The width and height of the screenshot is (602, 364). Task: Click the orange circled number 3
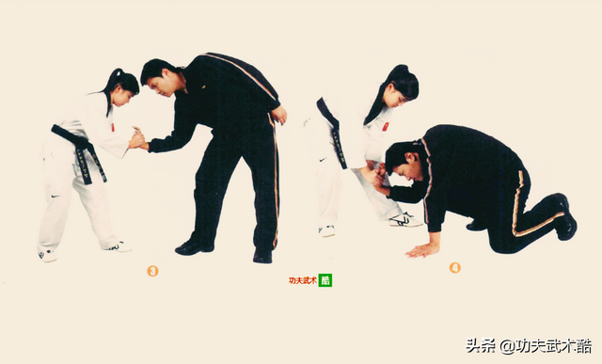click(x=152, y=271)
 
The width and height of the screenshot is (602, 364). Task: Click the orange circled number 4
click(x=455, y=268)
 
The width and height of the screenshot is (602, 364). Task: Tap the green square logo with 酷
click(x=325, y=280)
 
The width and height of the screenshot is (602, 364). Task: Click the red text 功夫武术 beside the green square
click(x=303, y=280)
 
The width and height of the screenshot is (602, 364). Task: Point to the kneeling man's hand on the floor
click(x=422, y=250)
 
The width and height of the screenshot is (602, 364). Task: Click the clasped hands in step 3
click(x=138, y=138)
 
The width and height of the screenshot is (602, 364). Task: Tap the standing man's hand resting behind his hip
click(x=279, y=115)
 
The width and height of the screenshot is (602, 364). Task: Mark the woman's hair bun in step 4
click(x=399, y=71)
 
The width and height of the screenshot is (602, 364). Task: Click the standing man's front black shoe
click(x=194, y=246)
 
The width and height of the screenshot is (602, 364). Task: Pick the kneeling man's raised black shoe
click(x=564, y=217)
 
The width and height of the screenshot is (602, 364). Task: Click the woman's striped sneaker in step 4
click(x=405, y=220)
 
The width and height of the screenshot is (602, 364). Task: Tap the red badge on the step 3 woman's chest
click(x=113, y=127)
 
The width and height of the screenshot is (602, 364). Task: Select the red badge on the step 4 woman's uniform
click(x=385, y=126)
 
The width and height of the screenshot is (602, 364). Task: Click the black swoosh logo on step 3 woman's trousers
click(x=55, y=197)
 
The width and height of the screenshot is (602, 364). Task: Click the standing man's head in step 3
click(x=157, y=77)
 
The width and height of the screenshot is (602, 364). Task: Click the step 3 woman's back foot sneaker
click(x=48, y=255)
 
